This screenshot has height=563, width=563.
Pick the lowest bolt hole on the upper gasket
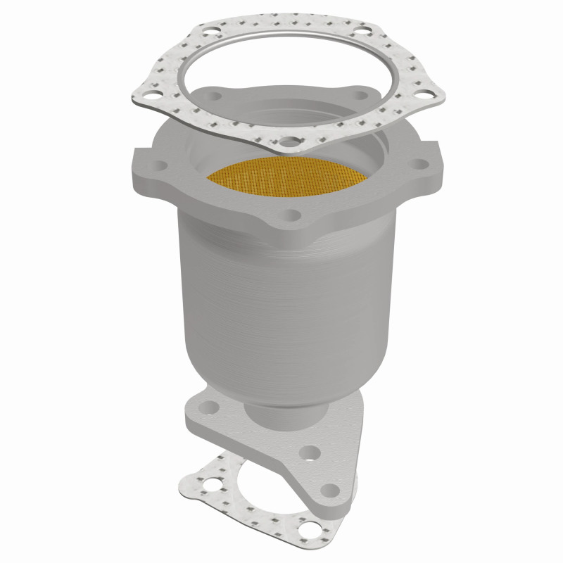(289, 146)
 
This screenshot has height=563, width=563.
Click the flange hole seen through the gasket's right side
(362, 95)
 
